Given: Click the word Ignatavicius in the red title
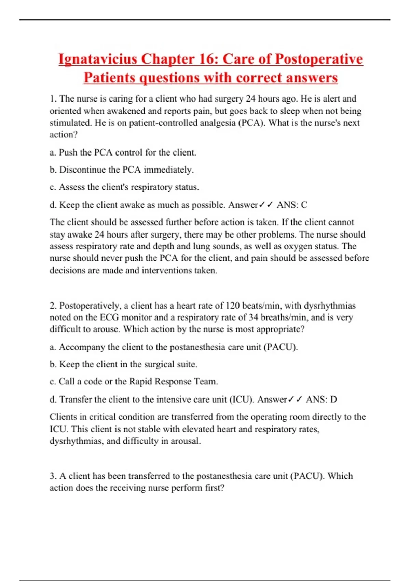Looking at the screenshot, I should pos(97,59).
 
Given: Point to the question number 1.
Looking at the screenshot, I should pos(53,99).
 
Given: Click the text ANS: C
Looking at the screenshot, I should pos(292,205).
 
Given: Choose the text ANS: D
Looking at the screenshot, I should pos(321,399).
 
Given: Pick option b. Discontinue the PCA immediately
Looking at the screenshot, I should pos(122,170).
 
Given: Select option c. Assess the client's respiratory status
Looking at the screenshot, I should pos(124,187).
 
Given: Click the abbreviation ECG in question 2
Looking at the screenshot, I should pos(109,317).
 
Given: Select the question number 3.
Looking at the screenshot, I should pos(53,476).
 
